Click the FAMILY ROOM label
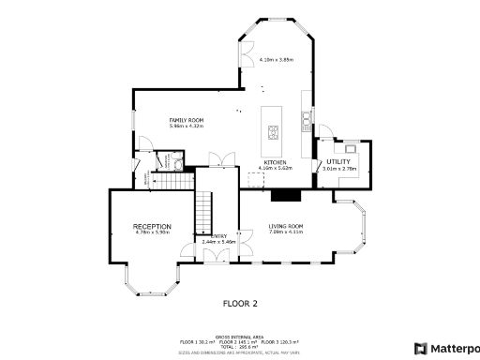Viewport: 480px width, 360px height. pos(186,121)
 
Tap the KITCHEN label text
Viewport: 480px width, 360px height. pos(275,162)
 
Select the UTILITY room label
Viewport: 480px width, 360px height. pos(338,162)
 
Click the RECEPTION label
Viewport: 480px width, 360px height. pos(151,227)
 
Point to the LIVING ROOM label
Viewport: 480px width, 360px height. pos(285,226)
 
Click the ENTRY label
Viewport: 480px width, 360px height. pos(219,236)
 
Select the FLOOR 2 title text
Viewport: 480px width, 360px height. pos(240,303)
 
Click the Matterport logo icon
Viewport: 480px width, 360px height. pos(420,348)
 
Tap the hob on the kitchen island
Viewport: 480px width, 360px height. pos(273,131)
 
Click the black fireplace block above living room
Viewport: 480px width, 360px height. pos(285,196)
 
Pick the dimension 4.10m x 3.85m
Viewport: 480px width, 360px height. pos(276,59)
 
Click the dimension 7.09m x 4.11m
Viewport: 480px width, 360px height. pos(285,232)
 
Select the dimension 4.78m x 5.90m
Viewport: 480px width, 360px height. pos(151,233)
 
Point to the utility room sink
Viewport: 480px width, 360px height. pos(350,147)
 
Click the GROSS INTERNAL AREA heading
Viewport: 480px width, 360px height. pos(239,336)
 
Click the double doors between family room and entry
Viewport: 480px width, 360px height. pos(217,158)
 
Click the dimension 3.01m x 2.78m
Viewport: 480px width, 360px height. pos(338,169)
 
